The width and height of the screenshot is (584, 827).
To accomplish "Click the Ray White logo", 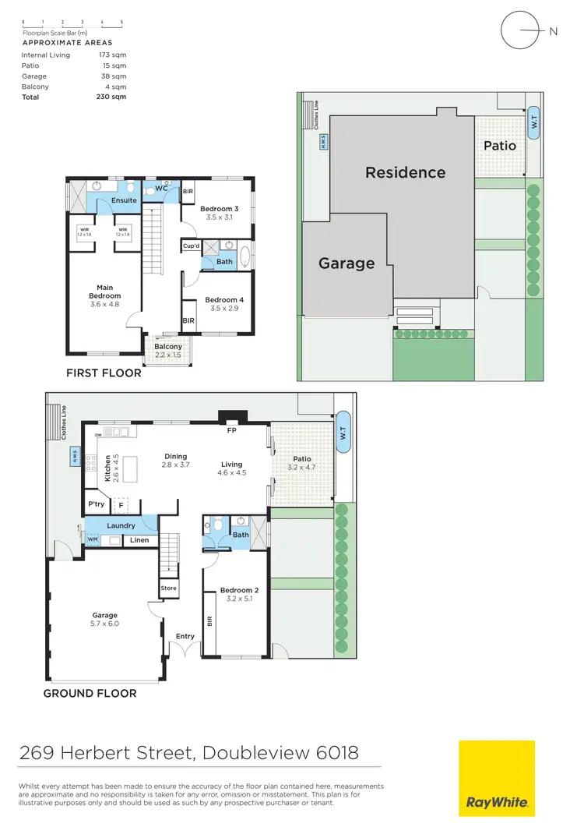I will [x=496, y=779].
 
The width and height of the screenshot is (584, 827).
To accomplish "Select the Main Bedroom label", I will [x=104, y=292].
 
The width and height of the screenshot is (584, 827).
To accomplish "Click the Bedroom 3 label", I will [x=219, y=209].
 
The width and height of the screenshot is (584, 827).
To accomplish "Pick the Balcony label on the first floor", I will [x=168, y=347].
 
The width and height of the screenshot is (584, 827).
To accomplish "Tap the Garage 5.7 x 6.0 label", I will [x=105, y=619].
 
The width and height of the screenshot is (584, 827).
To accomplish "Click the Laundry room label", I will [x=121, y=526].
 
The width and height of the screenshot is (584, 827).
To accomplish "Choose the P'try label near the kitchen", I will [x=97, y=505].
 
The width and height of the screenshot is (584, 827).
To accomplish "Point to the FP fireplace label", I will [x=231, y=429].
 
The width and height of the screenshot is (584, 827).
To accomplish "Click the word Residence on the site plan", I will [x=406, y=172].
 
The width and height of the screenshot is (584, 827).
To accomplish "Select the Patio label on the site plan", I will [x=499, y=146].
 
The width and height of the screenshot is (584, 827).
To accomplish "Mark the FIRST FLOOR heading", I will [x=104, y=373].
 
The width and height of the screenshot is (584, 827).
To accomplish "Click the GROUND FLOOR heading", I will [x=90, y=693].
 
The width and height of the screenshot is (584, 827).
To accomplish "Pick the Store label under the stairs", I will [x=168, y=588].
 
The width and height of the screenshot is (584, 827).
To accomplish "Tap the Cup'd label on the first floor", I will [x=191, y=246].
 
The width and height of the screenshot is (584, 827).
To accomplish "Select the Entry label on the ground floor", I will [x=185, y=637].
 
